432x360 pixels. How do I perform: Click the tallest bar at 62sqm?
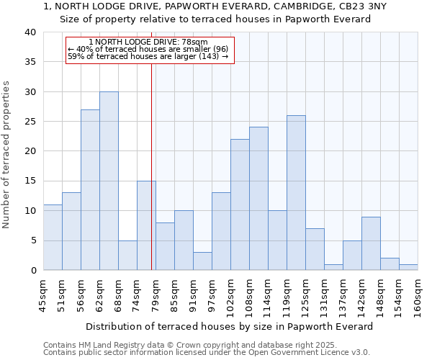click(x=109, y=181)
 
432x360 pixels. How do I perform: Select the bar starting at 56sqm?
click(x=90, y=190)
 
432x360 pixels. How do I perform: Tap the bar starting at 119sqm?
click(x=296, y=193)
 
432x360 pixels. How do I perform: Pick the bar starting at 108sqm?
click(x=258, y=199)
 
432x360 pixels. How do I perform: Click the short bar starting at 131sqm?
click(x=333, y=267)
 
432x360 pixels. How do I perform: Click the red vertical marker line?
click(x=151, y=180)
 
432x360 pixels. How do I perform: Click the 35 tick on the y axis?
click(x=30, y=62)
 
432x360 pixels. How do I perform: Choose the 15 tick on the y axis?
click(x=30, y=181)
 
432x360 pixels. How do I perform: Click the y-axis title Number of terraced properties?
click(x=6, y=154)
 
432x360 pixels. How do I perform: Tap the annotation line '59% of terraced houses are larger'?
click(x=148, y=56)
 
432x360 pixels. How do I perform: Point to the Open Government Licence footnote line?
click(x=207, y=352)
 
